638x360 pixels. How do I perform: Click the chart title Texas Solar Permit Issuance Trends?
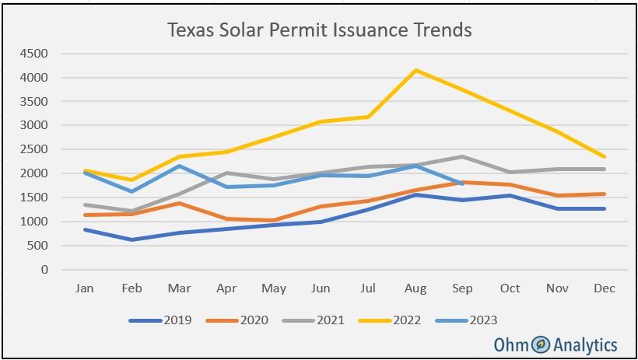[x=319, y=30]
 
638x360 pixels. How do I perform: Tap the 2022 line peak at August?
[x=416, y=70]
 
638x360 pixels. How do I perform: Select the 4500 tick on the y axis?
[x=35, y=54]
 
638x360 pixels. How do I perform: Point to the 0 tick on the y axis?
[x=44, y=270]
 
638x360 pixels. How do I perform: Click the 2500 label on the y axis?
[x=35, y=149]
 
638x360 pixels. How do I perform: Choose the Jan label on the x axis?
[x=84, y=288]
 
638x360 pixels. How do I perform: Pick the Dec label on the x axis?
[x=605, y=288]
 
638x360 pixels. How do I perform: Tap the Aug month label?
[x=415, y=288]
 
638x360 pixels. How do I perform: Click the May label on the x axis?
[x=273, y=288]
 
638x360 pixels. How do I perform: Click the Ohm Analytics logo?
[x=556, y=344]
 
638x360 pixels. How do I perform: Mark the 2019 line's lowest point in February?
[x=131, y=239]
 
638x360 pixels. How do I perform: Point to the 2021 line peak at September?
[x=463, y=157]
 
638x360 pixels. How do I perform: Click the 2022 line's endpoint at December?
[x=605, y=157]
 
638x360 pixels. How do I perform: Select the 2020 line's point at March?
[x=179, y=203]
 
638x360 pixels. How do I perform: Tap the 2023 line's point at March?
[x=179, y=166]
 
